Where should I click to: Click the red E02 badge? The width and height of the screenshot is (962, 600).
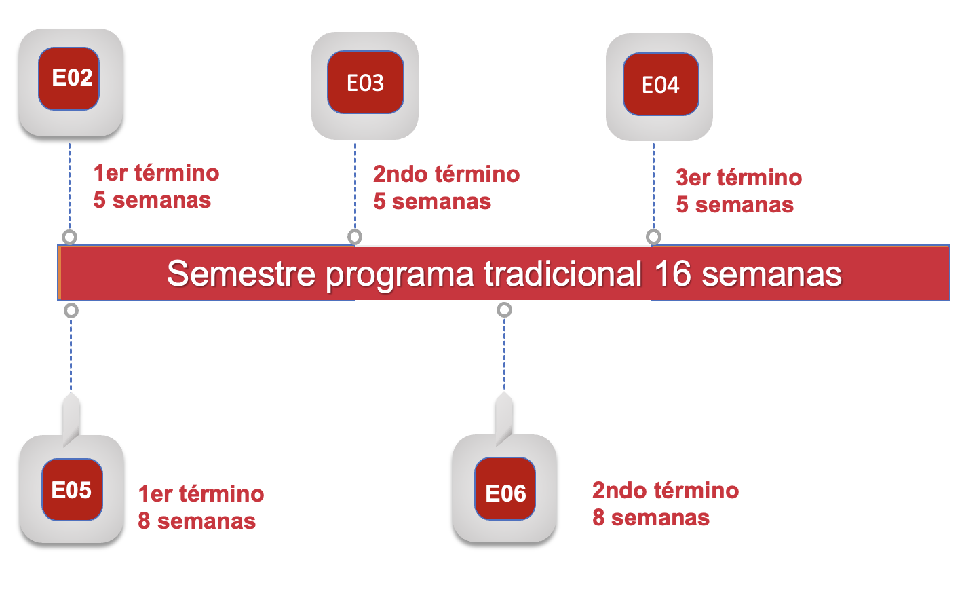(x=69, y=79)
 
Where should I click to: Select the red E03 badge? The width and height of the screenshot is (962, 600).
(x=366, y=82)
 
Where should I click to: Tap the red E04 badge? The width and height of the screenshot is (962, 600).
(x=661, y=84)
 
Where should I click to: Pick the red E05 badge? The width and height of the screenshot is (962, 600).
(x=72, y=489)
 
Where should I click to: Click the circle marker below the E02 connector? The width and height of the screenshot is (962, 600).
(x=69, y=237)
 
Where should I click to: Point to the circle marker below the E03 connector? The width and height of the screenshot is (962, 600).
(x=355, y=237)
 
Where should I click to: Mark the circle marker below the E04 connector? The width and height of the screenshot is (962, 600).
(x=653, y=237)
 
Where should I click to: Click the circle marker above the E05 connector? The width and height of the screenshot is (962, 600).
(x=71, y=311)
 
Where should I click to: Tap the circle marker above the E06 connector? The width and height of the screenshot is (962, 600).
(x=504, y=310)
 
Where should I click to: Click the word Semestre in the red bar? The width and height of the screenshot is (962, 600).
(x=241, y=274)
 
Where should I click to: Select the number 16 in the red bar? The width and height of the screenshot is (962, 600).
(x=672, y=274)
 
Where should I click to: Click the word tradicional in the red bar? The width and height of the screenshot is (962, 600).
(x=563, y=274)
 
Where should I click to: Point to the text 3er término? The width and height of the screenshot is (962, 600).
(x=739, y=178)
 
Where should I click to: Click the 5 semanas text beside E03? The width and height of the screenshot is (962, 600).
(x=432, y=202)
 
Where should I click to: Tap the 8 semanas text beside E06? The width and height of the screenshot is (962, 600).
(x=651, y=518)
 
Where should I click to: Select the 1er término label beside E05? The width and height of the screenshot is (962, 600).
(x=201, y=494)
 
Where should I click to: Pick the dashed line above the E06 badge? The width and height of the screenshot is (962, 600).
(x=504, y=353)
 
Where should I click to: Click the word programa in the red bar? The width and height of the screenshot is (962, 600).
(x=400, y=274)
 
